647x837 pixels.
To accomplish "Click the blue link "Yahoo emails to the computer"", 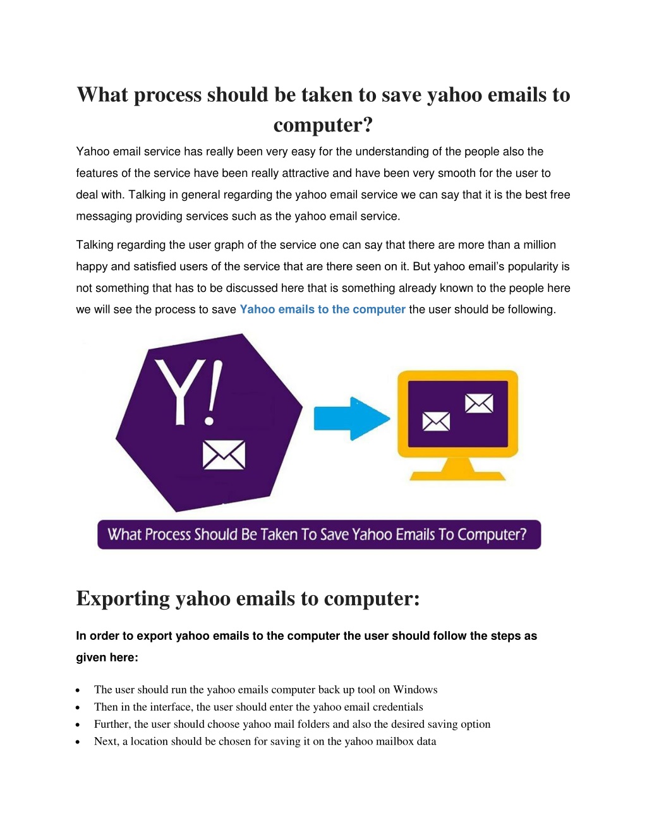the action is pos(322,310).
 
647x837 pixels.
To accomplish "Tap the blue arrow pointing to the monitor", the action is pos(352,418).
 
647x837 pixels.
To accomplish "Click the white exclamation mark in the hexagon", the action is pos(212,392).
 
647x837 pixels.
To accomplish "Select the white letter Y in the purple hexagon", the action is pos(178,392).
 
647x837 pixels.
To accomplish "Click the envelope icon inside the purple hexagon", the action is pos(224,455).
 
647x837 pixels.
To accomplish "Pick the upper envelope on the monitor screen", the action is pos(479,403).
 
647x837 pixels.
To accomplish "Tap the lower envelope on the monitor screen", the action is pos(436,421).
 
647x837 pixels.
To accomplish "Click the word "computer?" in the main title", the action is pos(323,125).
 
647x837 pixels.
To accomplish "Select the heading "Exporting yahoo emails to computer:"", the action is pos(248,598).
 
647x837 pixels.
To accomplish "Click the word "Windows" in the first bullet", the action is pos(415,689).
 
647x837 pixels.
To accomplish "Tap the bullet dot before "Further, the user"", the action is pos(78,725).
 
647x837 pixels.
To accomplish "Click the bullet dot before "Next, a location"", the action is pos(78,742).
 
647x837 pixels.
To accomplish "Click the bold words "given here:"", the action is pos(107,658).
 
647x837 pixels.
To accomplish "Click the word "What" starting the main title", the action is pos(102,95).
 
